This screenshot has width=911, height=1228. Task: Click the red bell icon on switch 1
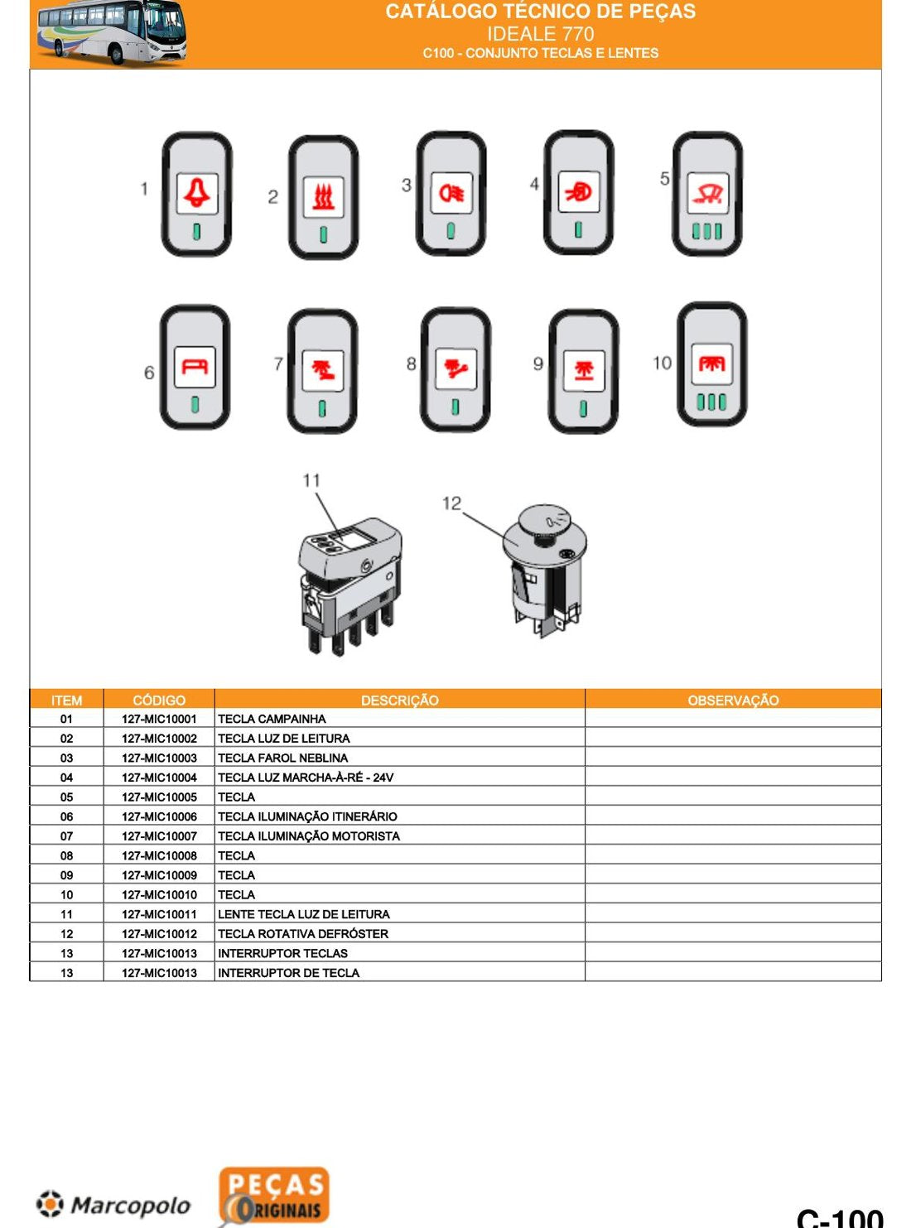pos(196,193)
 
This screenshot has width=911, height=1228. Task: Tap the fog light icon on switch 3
pos(451,193)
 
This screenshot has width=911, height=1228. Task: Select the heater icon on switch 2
pos(324,198)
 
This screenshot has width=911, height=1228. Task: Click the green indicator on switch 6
pos(195,405)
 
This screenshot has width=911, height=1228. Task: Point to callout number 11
pos(311,480)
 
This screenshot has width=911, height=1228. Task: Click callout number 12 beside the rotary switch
pos(451,503)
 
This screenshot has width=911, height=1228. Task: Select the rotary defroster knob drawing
pos(544,571)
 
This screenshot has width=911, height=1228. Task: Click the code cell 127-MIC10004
pos(160,778)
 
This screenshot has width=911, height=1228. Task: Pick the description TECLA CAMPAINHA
pos(272,719)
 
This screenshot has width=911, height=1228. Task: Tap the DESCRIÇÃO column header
pos(400,701)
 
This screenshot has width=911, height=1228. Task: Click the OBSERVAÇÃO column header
pos(733,701)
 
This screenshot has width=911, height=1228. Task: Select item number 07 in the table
pos(66,836)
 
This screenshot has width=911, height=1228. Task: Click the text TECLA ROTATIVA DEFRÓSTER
pos(303,933)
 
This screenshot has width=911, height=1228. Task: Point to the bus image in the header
pos(113,32)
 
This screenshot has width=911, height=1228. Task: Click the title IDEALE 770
pos(541,34)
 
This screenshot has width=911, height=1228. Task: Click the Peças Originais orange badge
pos(274,1196)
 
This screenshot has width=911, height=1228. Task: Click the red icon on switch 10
pos(711,364)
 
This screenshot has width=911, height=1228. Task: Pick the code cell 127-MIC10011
pos(160,914)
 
